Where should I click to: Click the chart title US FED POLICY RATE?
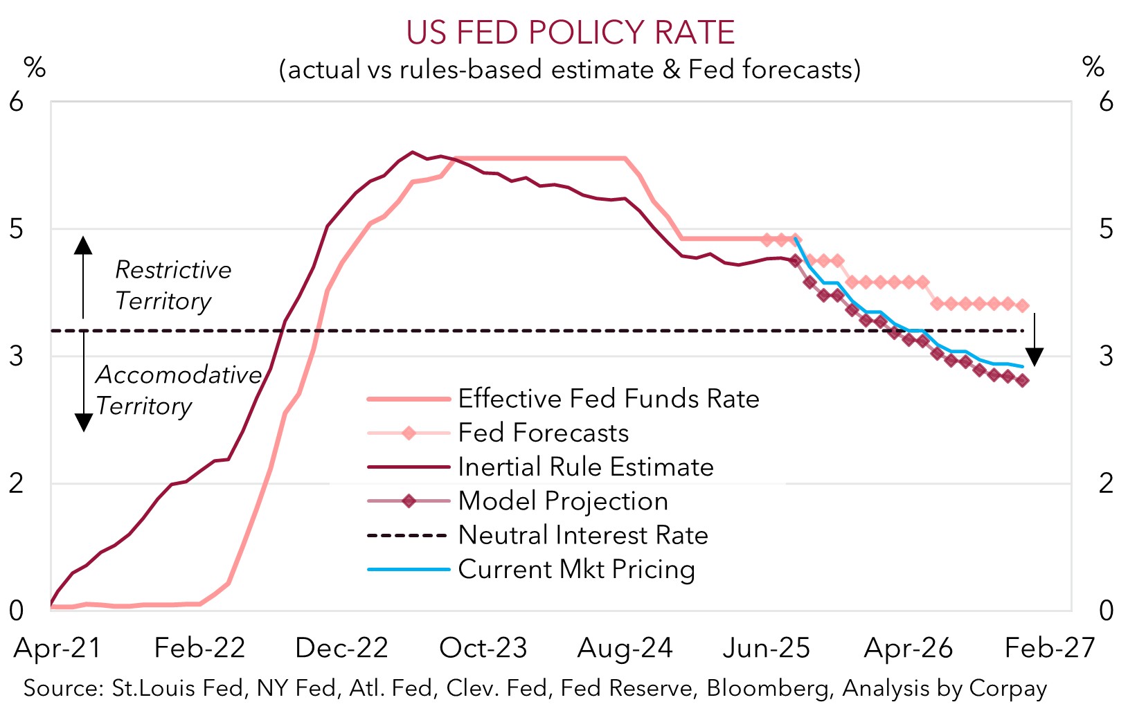click(570, 33)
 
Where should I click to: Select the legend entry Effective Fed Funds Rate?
click(608, 399)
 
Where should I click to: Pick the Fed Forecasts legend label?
click(543, 433)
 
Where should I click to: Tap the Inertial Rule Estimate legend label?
click(585, 467)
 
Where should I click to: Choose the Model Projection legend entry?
click(562, 501)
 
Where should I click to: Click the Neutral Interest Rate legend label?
click(583, 535)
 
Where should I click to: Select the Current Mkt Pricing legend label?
click(576, 569)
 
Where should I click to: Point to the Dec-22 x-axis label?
click(341, 648)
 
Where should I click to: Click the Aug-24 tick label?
click(625, 648)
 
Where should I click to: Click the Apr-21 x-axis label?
click(57, 648)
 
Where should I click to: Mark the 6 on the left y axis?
click(16, 102)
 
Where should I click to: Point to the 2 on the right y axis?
click(1106, 483)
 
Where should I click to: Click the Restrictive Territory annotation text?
click(172, 285)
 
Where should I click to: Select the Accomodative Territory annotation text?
click(178, 390)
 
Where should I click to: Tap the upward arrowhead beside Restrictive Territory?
click(83, 245)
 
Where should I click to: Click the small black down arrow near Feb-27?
click(1035, 356)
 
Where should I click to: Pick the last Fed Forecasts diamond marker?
click(1022, 305)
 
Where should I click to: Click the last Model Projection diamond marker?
click(1022, 380)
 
